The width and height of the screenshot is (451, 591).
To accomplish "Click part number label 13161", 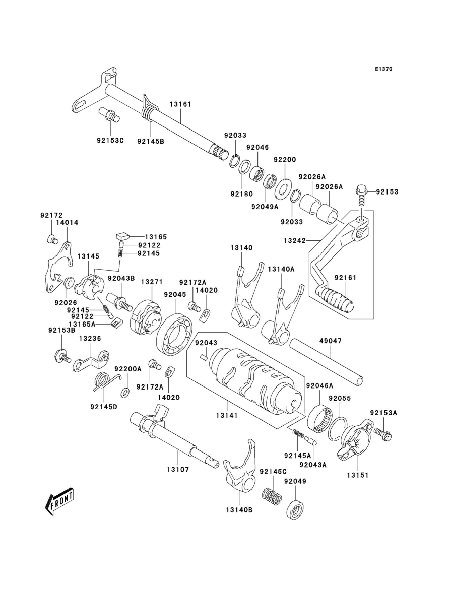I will click(x=180, y=104).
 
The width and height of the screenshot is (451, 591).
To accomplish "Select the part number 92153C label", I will click(x=110, y=141).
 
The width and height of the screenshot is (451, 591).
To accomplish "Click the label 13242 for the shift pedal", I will click(x=295, y=240).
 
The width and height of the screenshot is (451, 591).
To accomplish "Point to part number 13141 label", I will click(x=227, y=416).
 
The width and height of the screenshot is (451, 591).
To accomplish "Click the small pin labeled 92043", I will click(x=204, y=357).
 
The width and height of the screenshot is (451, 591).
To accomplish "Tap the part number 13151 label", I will click(x=358, y=475).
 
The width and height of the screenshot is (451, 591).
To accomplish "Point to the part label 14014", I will click(x=67, y=222).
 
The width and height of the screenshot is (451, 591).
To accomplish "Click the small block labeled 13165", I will click(x=122, y=237).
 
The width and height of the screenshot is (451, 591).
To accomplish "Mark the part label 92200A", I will click(x=128, y=369).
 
